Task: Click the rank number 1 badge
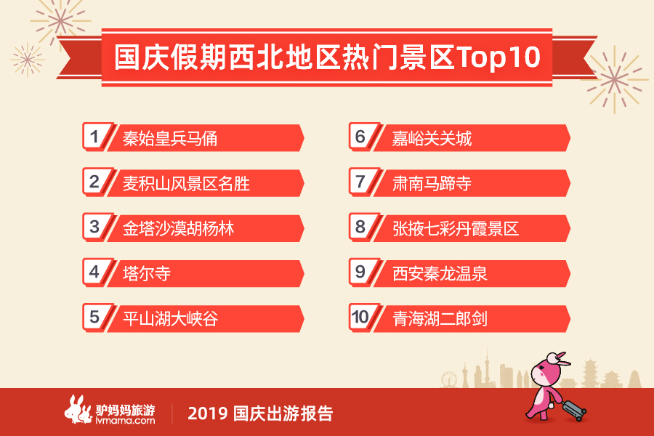95,136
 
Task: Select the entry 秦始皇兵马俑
170,139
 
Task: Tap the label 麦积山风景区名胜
186,184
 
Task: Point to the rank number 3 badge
95,227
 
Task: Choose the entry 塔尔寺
146,274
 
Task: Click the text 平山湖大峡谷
170,319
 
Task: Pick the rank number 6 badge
361,136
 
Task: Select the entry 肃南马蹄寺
432,184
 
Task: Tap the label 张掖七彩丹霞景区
456,229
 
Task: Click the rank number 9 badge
361,272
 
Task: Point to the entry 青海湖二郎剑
440,319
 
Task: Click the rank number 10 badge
361,317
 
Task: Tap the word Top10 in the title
498,57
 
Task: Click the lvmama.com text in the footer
125,421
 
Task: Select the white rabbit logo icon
78,409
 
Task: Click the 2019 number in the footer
208,413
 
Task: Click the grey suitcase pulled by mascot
573,409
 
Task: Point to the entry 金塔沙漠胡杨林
178,229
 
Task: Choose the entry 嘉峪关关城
432,139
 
